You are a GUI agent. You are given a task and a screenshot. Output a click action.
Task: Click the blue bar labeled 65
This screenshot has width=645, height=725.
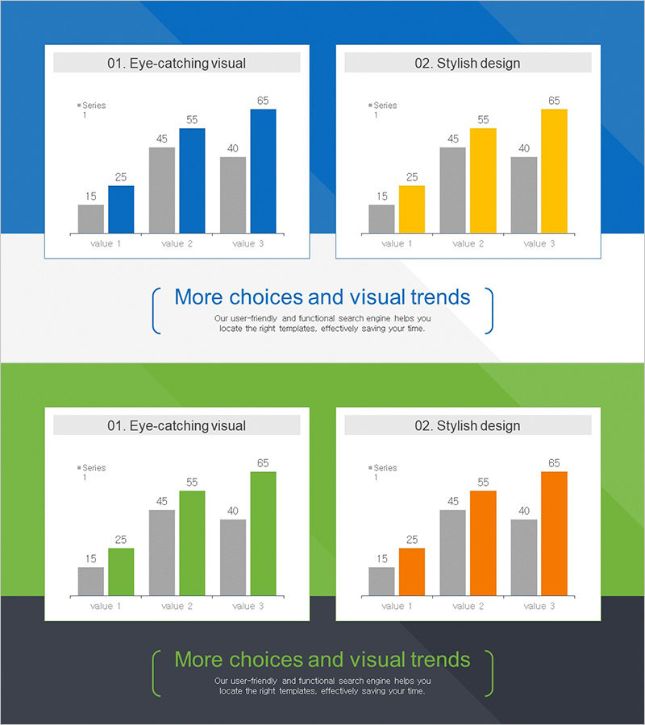coord(263,171)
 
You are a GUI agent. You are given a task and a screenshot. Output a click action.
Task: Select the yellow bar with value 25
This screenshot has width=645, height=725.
coord(411,209)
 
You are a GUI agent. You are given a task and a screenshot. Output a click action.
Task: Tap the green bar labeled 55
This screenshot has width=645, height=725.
coord(192,543)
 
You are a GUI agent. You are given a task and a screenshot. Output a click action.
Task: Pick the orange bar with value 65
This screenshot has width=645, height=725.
coord(554,533)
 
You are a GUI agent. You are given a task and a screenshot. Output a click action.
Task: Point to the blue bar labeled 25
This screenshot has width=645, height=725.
coord(121,209)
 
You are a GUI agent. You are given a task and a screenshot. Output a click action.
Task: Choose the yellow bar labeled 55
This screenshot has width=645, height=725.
coord(483,180)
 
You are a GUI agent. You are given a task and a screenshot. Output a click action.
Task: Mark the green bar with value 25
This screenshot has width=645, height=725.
coord(121,572)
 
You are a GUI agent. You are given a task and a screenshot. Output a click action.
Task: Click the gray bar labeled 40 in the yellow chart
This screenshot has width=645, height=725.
coord(523,195)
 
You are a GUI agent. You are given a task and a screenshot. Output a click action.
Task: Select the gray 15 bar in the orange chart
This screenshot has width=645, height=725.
coord(381,582)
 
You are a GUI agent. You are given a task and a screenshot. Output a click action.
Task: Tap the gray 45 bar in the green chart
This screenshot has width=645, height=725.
coord(161,553)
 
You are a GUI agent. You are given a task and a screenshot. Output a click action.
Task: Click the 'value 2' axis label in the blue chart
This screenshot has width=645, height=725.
coord(177,243)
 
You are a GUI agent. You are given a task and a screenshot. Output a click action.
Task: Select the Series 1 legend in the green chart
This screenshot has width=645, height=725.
coord(91,472)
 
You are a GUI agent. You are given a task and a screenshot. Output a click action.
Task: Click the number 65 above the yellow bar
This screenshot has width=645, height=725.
coord(554,101)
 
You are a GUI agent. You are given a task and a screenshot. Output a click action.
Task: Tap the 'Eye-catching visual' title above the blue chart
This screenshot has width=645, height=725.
coord(177,63)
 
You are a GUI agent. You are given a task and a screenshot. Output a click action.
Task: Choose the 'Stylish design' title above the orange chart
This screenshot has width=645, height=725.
coord(468,425)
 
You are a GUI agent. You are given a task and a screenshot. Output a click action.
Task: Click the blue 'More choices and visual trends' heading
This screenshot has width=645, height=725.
coord(322,297)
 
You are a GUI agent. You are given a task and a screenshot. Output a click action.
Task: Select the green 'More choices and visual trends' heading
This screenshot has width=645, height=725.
coord(322,660)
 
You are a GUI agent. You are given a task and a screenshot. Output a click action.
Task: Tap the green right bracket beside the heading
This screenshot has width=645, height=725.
coord(489,673)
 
